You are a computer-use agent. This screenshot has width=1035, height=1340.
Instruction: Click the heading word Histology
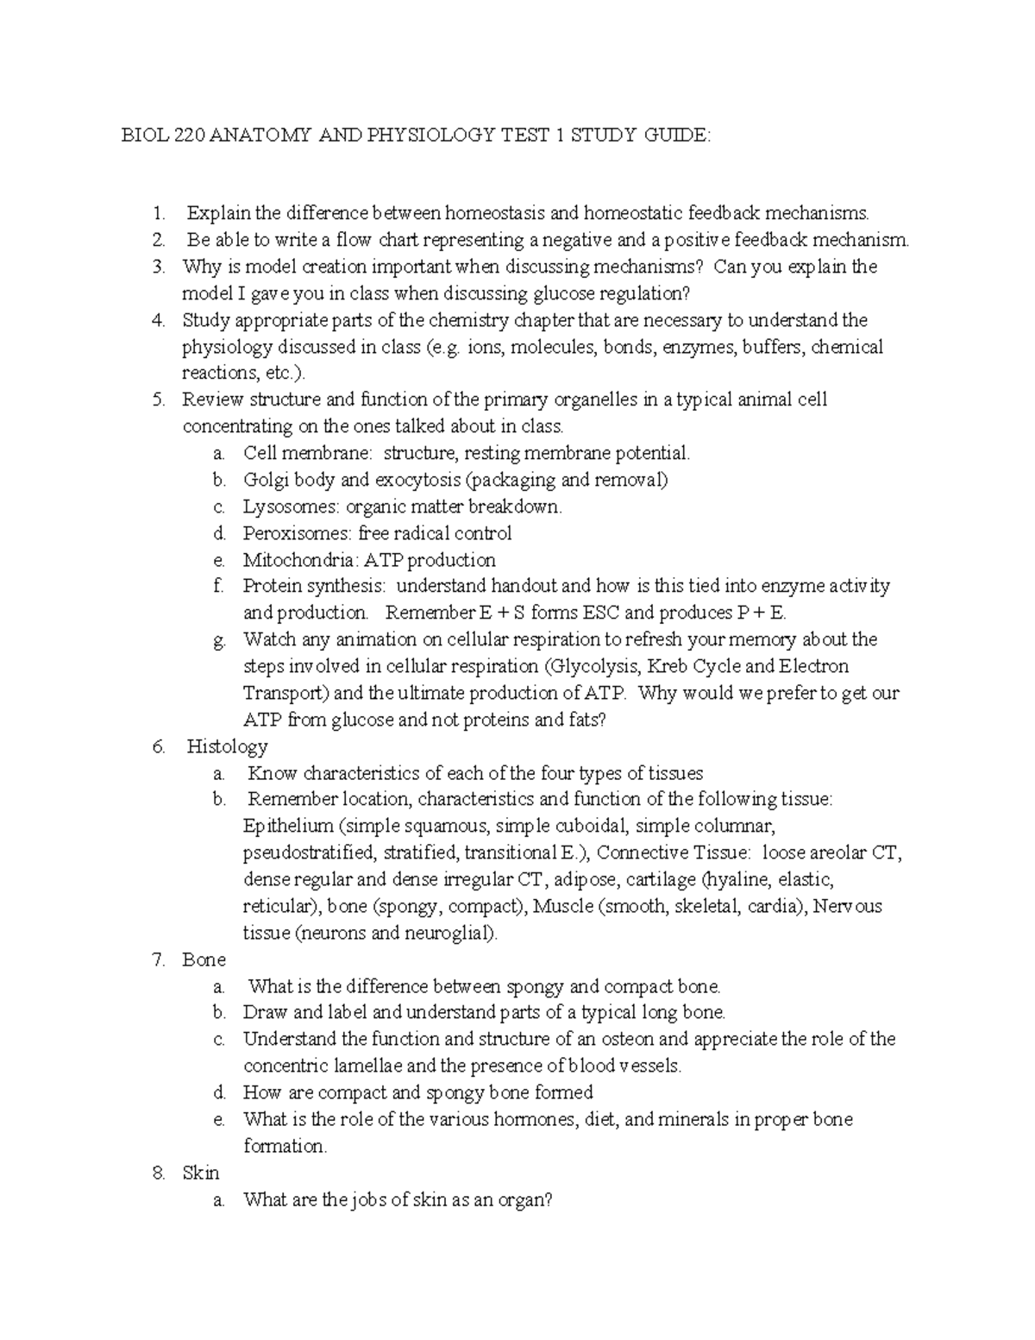[227, 746]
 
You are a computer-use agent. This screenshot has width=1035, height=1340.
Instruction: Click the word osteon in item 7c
[630, 1039]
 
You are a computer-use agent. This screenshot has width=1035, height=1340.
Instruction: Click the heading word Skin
[201, 1173]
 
